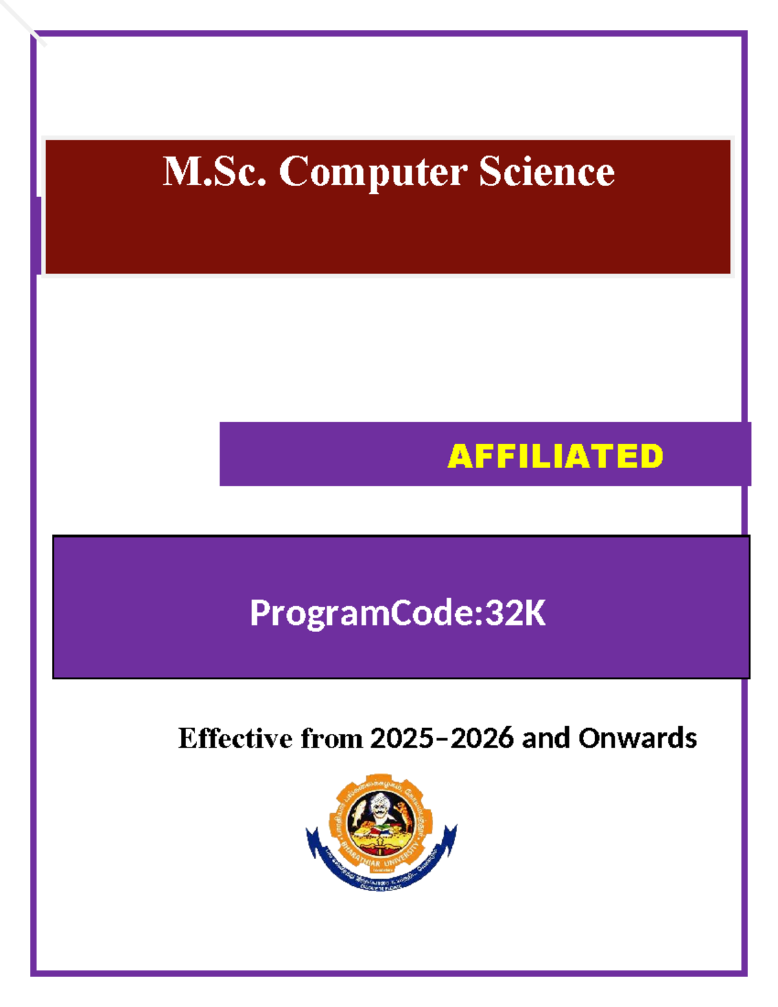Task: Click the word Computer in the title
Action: coord(373,172)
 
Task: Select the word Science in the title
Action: coord(547,172)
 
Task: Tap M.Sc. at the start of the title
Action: coord(214,172)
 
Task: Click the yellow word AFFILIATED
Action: coord(555,456)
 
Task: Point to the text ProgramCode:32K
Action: coord(397,613)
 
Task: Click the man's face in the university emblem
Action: coord(379,808)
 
